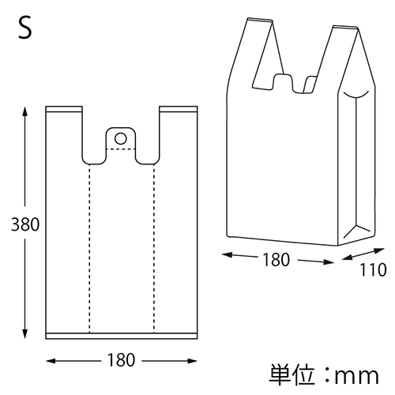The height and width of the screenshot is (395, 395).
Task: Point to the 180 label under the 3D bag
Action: point(275,259)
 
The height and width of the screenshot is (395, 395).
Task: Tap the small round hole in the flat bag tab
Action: point(120,138)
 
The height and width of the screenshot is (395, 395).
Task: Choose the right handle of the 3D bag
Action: point(340,55)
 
